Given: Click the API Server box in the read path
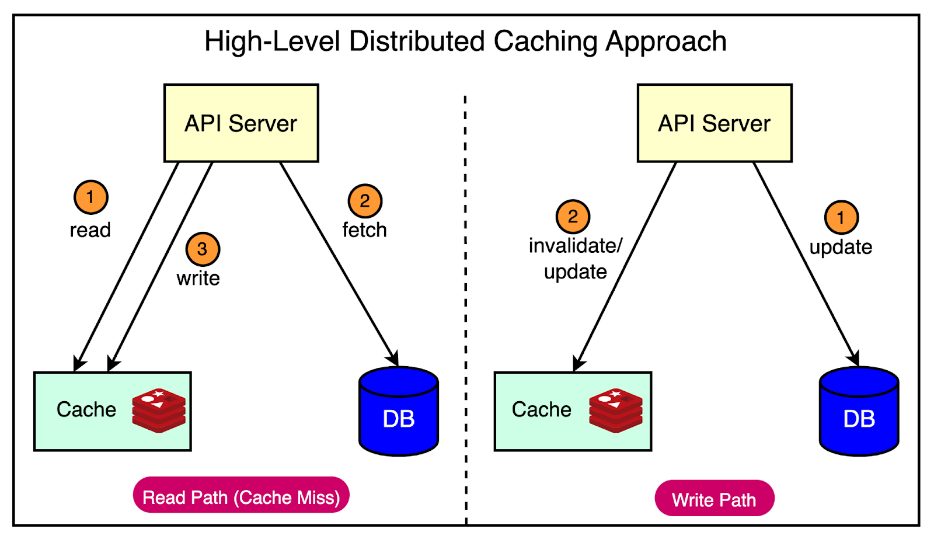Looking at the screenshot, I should (x=241, y=123).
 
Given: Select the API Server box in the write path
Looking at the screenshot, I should (x=715, y=123).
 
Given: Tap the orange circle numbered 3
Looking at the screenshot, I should (x=203, y=249).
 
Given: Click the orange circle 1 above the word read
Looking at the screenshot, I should (x=90, y=197).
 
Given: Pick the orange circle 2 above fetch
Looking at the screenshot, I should (x=365, y=201).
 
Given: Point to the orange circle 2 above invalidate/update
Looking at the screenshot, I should (x=573, y=217).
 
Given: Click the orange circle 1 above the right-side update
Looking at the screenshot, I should (x=841, y=218).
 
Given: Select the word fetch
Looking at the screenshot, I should (x=364, y=230).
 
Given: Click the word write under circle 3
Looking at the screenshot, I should (x=198, y=279).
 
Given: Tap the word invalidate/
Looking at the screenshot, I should (x=576, y=246).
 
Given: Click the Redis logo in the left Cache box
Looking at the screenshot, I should (x=159, y=410).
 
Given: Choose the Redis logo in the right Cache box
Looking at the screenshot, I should (x=616, y=410).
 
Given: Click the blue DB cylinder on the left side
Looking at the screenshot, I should (x=399, y=412).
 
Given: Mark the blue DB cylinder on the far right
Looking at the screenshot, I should (x=859, y=412).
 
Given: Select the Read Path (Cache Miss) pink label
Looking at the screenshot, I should (x=241, y=496).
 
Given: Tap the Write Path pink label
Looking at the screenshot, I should (x=715, y=499).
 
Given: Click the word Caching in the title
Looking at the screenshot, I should (x=545, y=41).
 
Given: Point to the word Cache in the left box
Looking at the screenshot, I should (x=86, y=410).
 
